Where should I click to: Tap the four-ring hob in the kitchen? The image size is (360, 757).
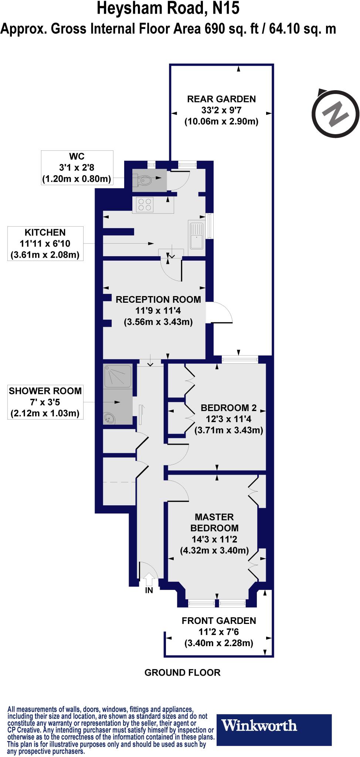click(x=145, y=205)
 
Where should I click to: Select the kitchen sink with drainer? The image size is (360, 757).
click(x=196, y=236)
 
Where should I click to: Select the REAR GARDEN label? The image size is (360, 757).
click(x=221, y=99)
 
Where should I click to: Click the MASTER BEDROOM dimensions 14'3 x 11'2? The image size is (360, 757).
click(x=214, y=539)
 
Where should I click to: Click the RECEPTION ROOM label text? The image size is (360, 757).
click(x=158, y=299)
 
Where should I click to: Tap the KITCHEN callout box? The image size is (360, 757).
click(x=45, y=244)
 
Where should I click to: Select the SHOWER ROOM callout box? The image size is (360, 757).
click(x=45, y=402)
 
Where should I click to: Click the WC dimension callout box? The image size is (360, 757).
click(x=77, y=168)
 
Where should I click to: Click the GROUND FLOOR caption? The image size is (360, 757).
click(x=182, y=672)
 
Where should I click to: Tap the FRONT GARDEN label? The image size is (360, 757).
click(x=219, y=621)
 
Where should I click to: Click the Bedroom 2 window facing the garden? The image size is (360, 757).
click(x=240, y=357)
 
